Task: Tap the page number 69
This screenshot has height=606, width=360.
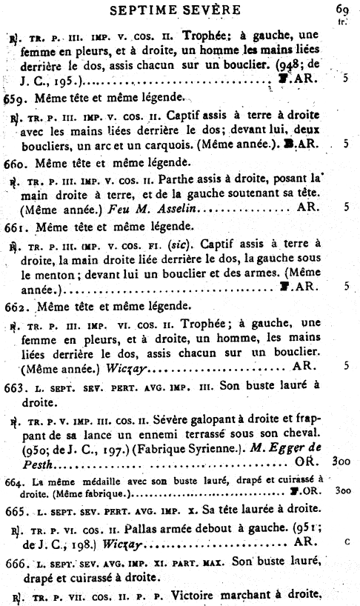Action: (x=341, y=10)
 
